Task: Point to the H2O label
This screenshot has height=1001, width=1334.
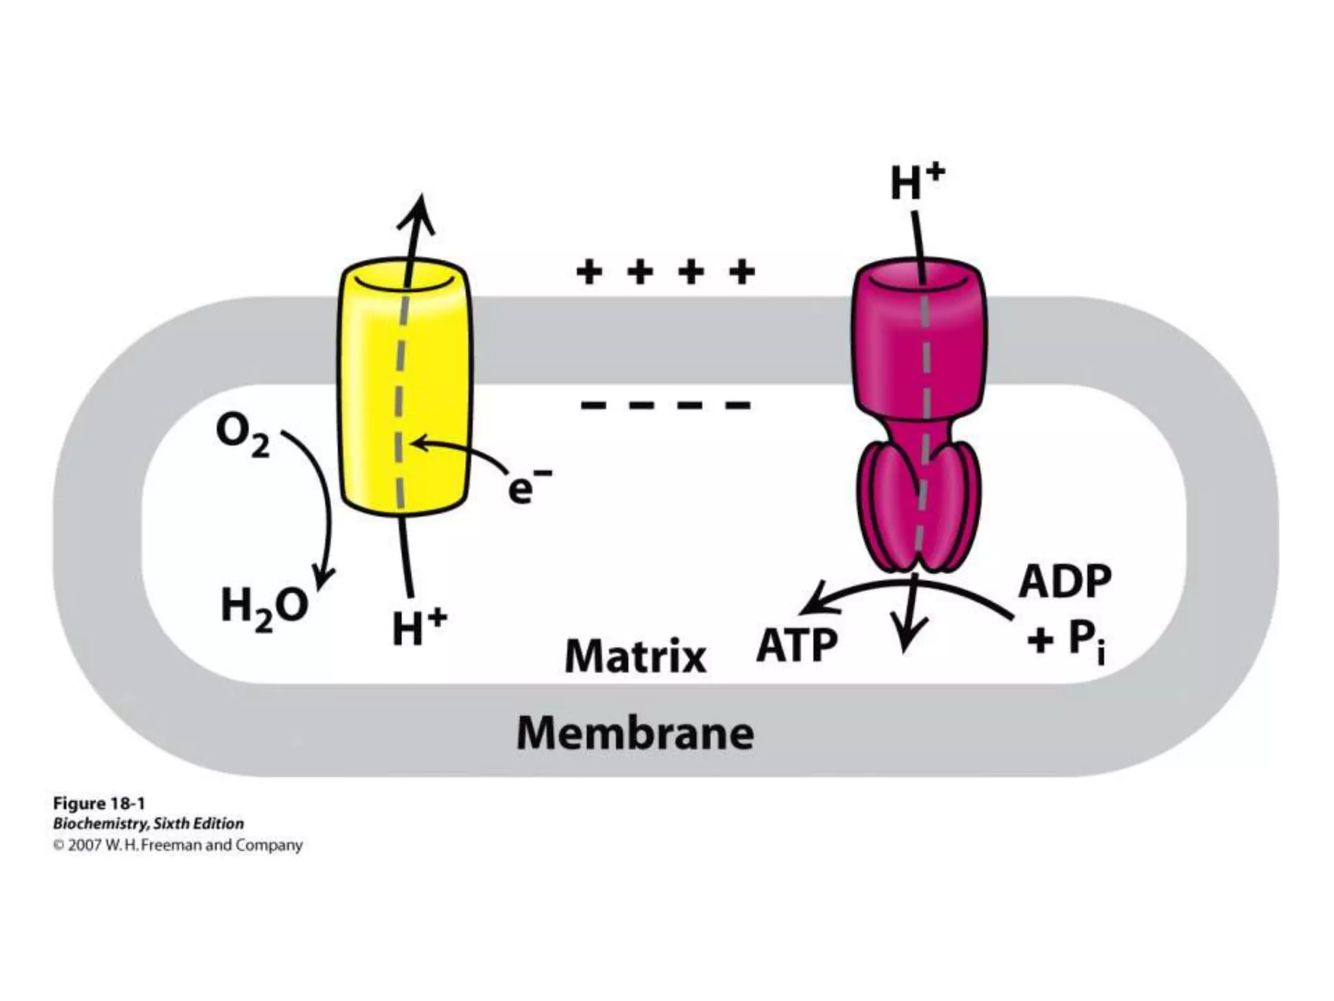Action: pos(264,607)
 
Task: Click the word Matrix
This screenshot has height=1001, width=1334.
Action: pos(635,656)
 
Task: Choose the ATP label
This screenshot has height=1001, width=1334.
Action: pos(796,645)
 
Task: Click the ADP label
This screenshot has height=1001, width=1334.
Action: pos(1064,581)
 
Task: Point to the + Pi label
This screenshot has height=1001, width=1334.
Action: pos(1064,642)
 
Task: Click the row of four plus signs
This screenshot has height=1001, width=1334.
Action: pos(665,272)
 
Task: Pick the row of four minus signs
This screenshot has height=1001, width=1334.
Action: pos(665,405)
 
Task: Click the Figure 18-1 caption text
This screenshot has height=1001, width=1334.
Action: pos(98,803)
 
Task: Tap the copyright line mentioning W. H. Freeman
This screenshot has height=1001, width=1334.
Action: pos(178,845)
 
